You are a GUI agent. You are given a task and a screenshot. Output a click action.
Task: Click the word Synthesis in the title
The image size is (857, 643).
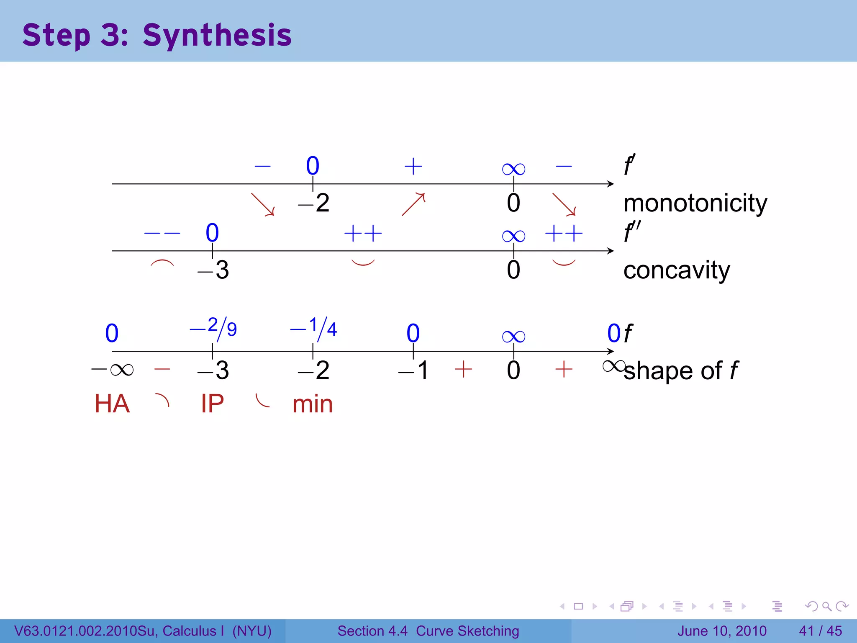tap(217, 35)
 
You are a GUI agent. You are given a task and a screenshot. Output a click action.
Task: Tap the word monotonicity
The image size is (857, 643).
tap(695, 204)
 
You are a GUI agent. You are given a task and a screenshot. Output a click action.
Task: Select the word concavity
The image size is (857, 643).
tap(676, 270)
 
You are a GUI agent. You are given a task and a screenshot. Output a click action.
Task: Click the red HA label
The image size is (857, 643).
tap(112, 404)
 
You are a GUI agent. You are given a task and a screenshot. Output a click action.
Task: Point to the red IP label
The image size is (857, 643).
tap(212, 404)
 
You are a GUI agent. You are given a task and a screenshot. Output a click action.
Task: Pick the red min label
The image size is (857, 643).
tap(313, 405)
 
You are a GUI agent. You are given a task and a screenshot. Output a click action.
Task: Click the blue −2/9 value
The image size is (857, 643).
tap(213, 328)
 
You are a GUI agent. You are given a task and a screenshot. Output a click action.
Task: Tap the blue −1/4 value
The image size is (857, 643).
tap(314, 328)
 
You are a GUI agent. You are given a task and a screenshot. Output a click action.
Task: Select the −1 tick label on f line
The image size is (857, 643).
tap(413, 370)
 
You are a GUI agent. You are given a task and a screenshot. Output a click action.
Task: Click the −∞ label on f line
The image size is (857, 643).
tap(112, 370)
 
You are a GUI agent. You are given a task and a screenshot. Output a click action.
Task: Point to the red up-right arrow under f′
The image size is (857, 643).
tap(413, 204)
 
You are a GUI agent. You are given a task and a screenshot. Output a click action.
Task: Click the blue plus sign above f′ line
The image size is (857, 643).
tap(413, 166)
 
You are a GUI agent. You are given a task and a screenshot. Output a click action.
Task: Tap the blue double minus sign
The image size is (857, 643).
tap(162, 233)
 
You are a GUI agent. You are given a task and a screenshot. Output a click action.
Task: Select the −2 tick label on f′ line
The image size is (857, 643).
tap(314, 203)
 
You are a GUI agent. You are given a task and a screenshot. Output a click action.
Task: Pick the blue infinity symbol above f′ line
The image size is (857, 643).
tap(513, 169)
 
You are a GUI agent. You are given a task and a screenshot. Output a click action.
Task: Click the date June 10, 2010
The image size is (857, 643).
tap(722, 631)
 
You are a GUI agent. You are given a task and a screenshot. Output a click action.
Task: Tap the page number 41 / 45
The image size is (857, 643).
tap(820, 631)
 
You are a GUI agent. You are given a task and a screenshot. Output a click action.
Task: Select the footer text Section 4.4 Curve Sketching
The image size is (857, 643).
tap(428, 631)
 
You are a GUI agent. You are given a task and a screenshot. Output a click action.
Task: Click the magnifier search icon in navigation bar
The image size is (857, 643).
tap(826, 606)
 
